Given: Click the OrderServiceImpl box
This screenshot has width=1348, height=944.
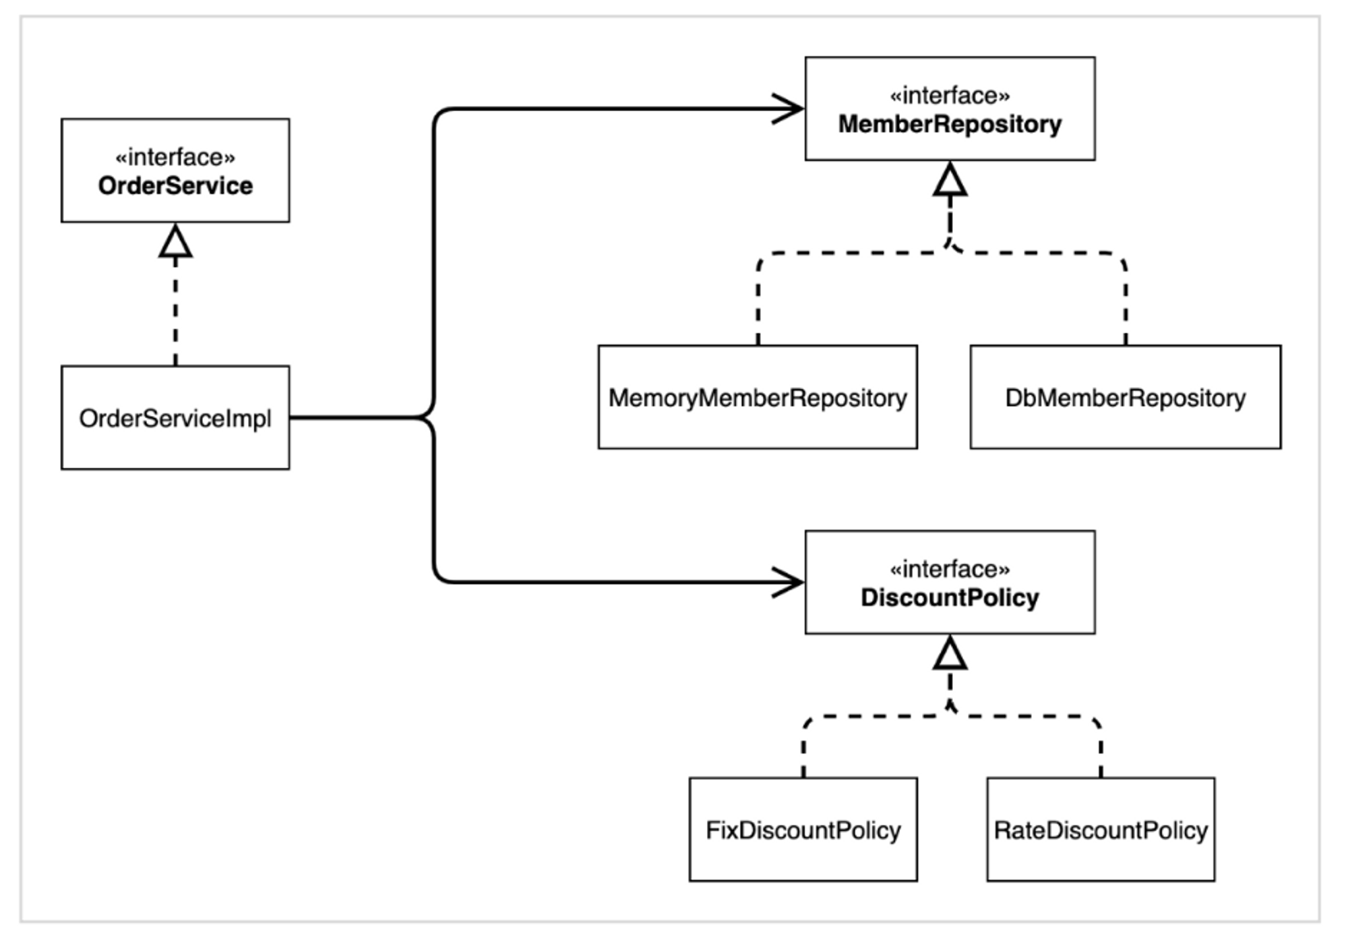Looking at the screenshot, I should click(175, 418).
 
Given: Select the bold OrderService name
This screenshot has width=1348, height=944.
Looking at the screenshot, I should click(175, 185).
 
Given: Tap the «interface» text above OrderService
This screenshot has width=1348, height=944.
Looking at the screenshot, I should click(175, 157).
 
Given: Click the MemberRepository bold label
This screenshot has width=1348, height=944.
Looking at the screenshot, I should click(950, 124).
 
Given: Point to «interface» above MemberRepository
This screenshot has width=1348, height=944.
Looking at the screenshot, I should click(950, 96).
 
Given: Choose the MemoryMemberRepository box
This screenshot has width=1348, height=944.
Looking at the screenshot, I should click(758, 398).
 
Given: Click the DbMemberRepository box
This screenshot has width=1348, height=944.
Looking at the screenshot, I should click(1125, 398).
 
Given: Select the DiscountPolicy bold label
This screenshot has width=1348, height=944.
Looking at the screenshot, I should click(950, 597).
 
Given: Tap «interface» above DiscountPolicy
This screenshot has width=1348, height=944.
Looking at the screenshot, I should click(950, 569).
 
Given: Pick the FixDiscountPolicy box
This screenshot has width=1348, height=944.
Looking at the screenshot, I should click(803, 830).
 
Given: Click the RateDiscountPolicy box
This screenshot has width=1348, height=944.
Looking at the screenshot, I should click(1101, 830).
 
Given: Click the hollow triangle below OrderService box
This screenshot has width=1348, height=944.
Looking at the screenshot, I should click(175, 243).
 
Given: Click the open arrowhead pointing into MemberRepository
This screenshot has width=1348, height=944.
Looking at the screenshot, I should click(789, 109).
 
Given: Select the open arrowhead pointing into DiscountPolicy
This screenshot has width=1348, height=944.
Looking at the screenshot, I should click(789, 582).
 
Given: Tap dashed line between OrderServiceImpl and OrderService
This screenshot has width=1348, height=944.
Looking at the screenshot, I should click(175, 310).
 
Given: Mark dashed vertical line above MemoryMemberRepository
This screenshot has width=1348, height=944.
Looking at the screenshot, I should click(758, 303).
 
